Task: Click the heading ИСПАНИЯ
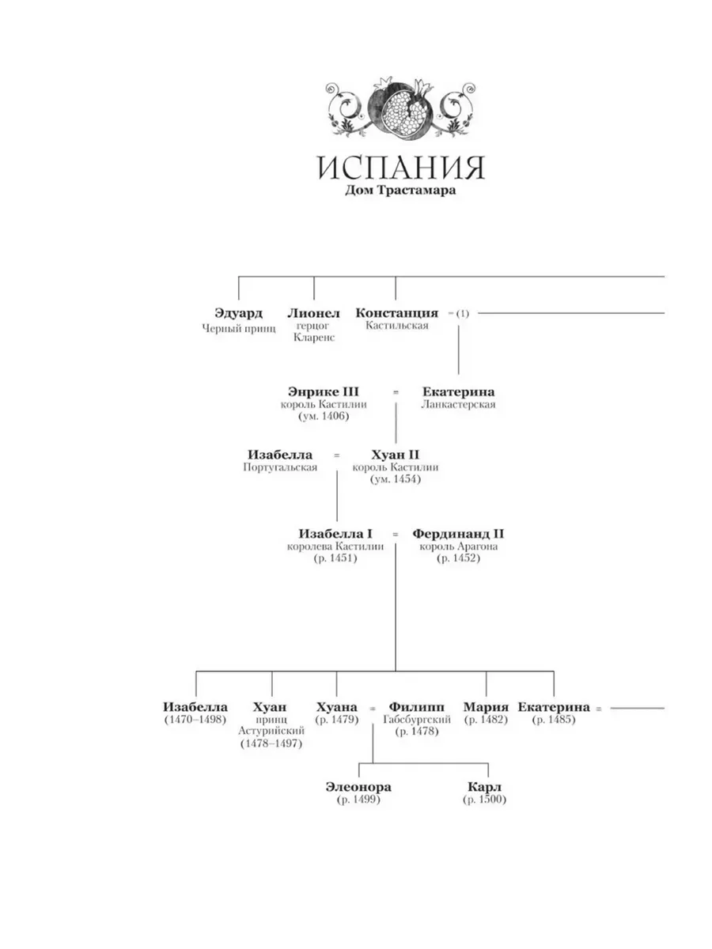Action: [x=401, y=168]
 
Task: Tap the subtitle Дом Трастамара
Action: [x=400, y=191]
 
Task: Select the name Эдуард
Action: [x=238, y=313]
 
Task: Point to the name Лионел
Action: [x=314, y=313]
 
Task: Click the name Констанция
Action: [x=397, y=313]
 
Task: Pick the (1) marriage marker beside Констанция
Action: [x=463, y=313]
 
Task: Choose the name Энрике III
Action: [x=324, y=391]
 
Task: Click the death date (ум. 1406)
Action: [x=324, y=416]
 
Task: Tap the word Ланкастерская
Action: [x=458, y=405]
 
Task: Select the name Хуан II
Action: [x=395, y=455]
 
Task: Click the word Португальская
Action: [x=280, y=467]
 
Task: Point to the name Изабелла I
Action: [x=335, y=534]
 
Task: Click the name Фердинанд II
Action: [x=458, y=534]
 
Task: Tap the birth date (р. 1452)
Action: [x=458, y=558]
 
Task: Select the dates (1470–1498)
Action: [x=195, y=720]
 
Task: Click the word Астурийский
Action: [x=271, y=731]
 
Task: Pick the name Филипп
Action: [x=416, y=707]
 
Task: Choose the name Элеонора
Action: [x=358, y=787]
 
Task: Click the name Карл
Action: [x=484, y=787]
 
